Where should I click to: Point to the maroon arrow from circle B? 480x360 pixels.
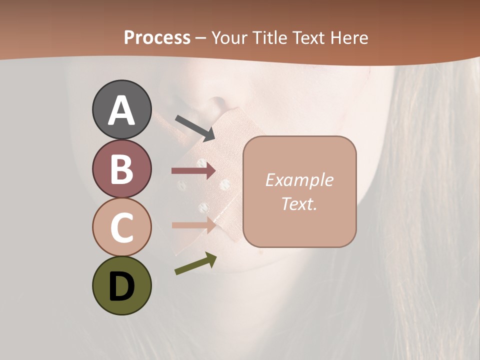193,171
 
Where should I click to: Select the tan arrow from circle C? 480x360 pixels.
193,225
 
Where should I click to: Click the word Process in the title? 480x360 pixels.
157,37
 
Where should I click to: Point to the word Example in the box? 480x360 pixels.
299,180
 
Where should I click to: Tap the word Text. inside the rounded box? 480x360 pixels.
299,203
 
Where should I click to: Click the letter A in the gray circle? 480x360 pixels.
121,111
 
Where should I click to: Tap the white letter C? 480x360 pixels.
121,227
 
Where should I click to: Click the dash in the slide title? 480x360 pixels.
201,38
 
